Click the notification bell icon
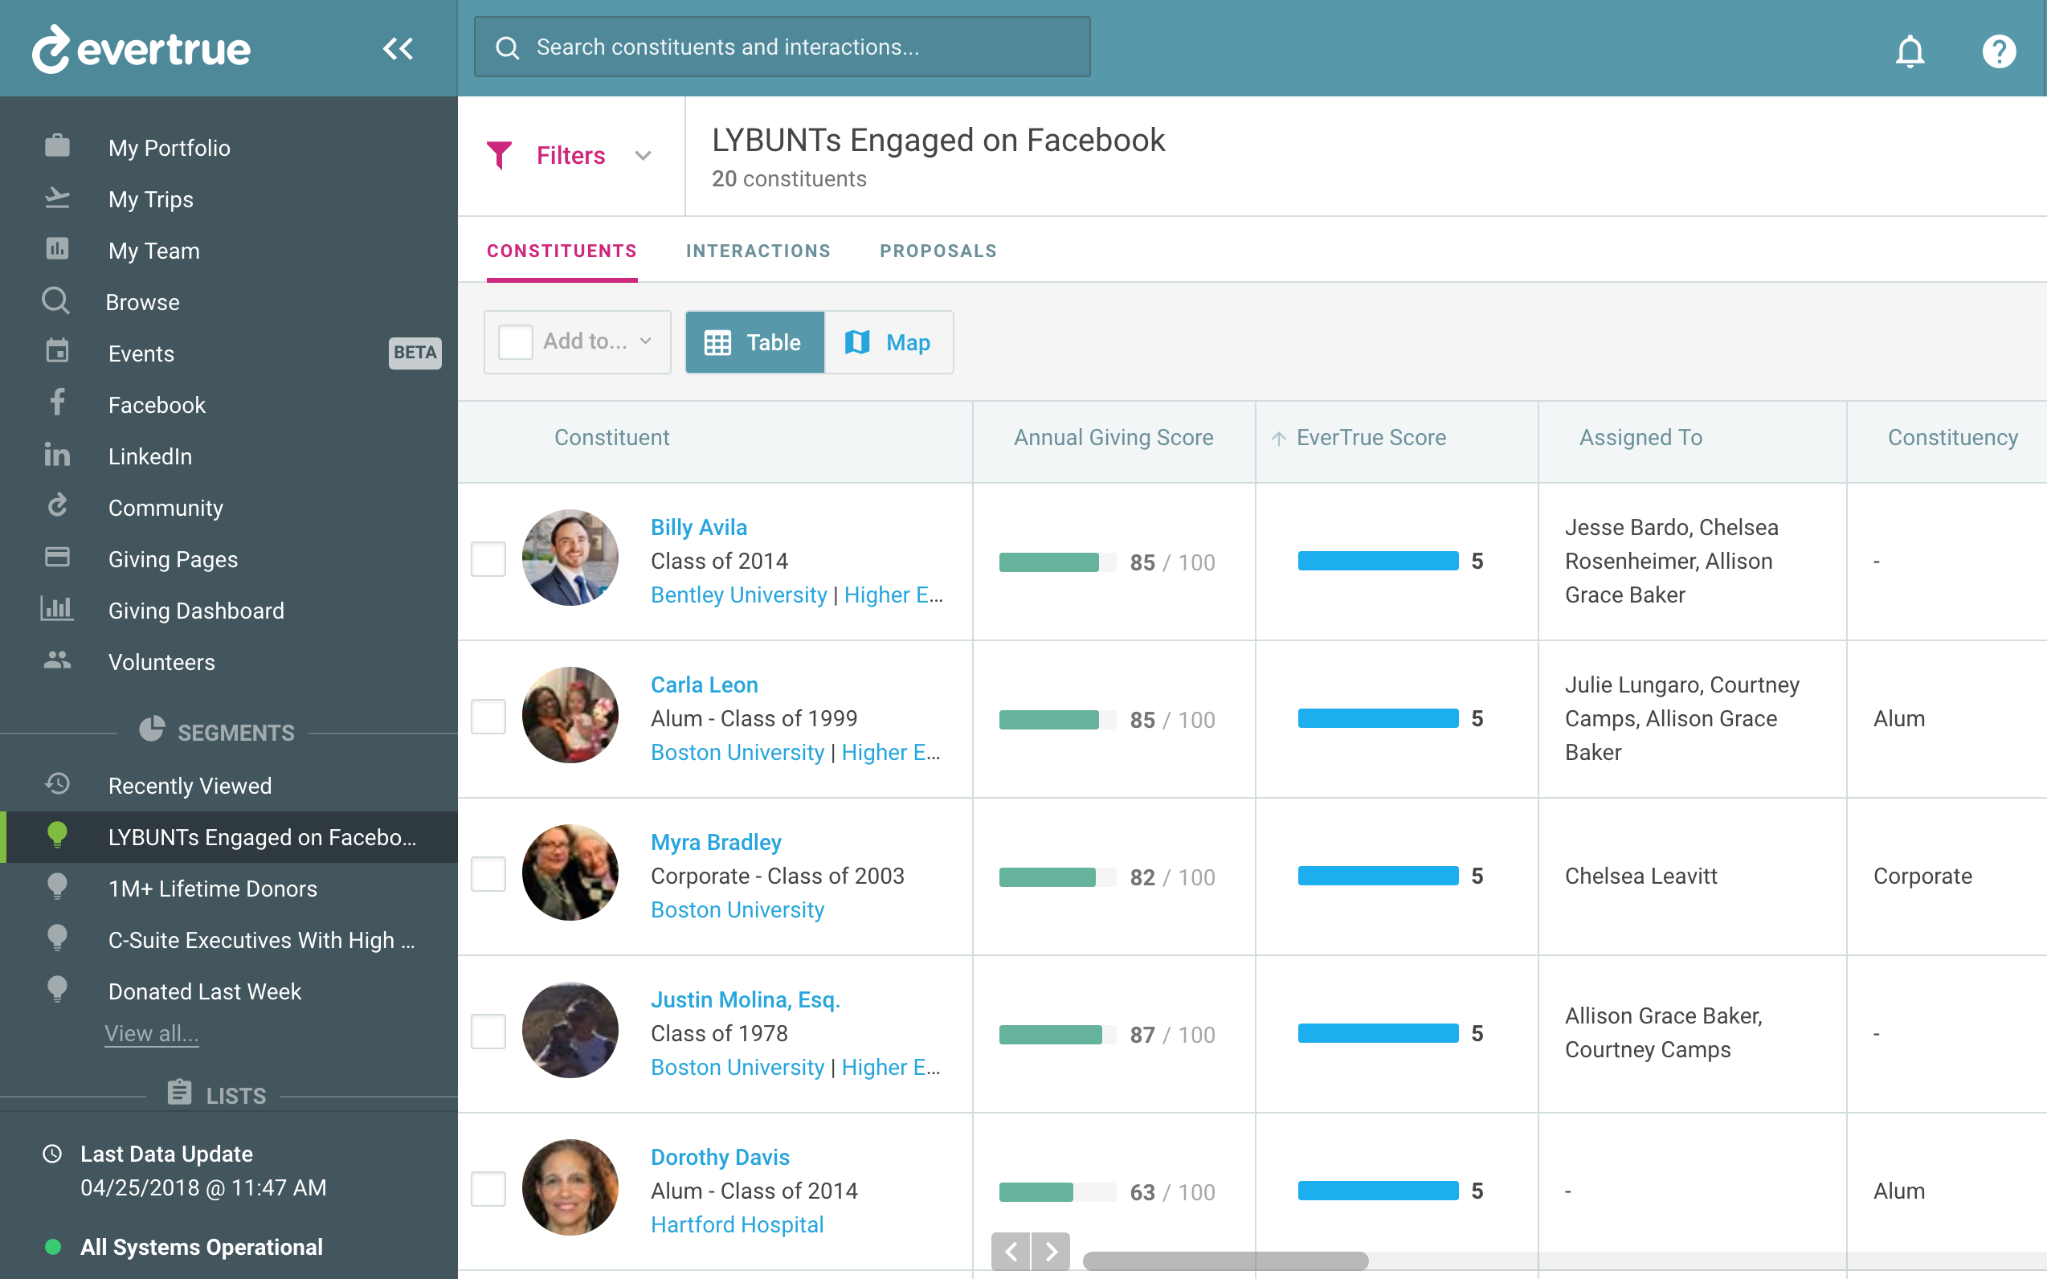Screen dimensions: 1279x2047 coord(1909,51)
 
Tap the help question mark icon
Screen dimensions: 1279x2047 coord(1999,51)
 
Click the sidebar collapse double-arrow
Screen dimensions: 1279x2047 coord(398,49)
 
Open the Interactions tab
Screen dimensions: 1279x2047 coord(758,251)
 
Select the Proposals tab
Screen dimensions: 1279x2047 coord(938,251)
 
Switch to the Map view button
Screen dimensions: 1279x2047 coord(889,342)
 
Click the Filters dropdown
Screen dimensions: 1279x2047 coord(570,156)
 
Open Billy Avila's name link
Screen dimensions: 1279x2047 coord(699,527)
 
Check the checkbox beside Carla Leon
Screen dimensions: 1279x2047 coord(488,717)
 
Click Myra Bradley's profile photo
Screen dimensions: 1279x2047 coord(570,873)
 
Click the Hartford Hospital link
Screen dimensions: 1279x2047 coord(737,1225)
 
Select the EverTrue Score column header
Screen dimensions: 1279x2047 coord(1371,437)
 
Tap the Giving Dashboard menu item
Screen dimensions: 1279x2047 coord(195,611)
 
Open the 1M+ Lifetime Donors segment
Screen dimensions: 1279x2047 coord(212,889)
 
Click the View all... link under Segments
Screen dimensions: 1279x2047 coord(151,1034)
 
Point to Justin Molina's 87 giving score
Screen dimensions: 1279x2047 coord(1142,1035)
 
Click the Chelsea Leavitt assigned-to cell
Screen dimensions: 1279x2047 coord(1640,877)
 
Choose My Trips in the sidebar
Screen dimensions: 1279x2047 coord(150,199)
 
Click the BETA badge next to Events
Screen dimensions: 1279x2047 coord(415,353)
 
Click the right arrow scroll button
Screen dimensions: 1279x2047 coord(1051,1251)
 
